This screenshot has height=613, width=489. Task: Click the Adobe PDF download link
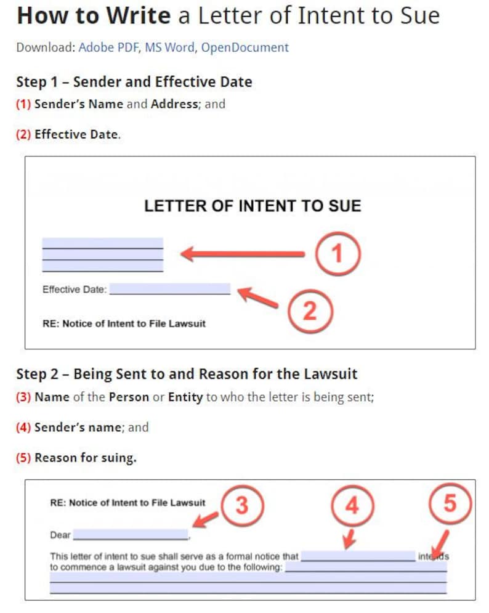[x=110, y=47]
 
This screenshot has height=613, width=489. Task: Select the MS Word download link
[x=169, y=47]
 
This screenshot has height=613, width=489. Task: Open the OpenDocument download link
[x=244, y=47]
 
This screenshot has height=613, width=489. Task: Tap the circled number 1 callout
[x=337, y=253]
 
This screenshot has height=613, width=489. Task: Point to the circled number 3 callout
[x=241, y=506]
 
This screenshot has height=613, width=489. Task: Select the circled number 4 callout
[x=351, y=506]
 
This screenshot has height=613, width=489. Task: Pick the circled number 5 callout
[x=450, y=503]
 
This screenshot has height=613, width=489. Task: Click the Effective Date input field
[x=169, y=289]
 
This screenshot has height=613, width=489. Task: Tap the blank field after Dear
[x=130, y=534]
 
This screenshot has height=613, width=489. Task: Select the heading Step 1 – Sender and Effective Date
[x=134, y=82]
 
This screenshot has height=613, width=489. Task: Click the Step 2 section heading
[x=187, y=374]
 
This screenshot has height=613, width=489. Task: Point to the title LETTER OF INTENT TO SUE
[x=253, y=206]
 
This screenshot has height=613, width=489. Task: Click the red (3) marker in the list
[x=23, y=397]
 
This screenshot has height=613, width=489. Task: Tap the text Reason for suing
[x=85, y=458]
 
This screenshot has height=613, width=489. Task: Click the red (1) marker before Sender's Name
[x=23, y=104]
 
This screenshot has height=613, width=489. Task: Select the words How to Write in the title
[x=94, y=15]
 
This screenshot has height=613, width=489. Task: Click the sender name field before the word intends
[x=358, y=556]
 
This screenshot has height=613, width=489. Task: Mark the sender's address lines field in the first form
[x=102, y=254]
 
